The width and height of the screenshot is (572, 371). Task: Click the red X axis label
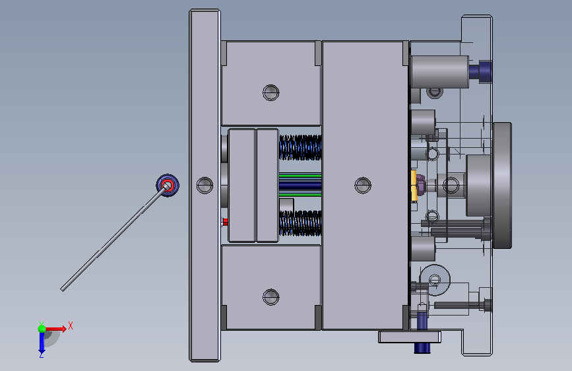click(71, 325)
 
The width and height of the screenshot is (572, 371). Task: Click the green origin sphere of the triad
click(42, 329)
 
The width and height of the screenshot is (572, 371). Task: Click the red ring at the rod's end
click(168, 185)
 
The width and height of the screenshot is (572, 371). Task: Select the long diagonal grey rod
click(115, 238)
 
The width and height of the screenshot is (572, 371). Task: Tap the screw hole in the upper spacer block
click(271, 92)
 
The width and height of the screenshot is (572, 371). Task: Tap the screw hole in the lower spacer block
click(271, 297)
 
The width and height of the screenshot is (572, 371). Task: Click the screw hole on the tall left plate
click(205, 185)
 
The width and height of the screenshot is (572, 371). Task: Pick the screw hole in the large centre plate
click(363, 185)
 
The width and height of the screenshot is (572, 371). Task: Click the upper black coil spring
click(300, 147)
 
